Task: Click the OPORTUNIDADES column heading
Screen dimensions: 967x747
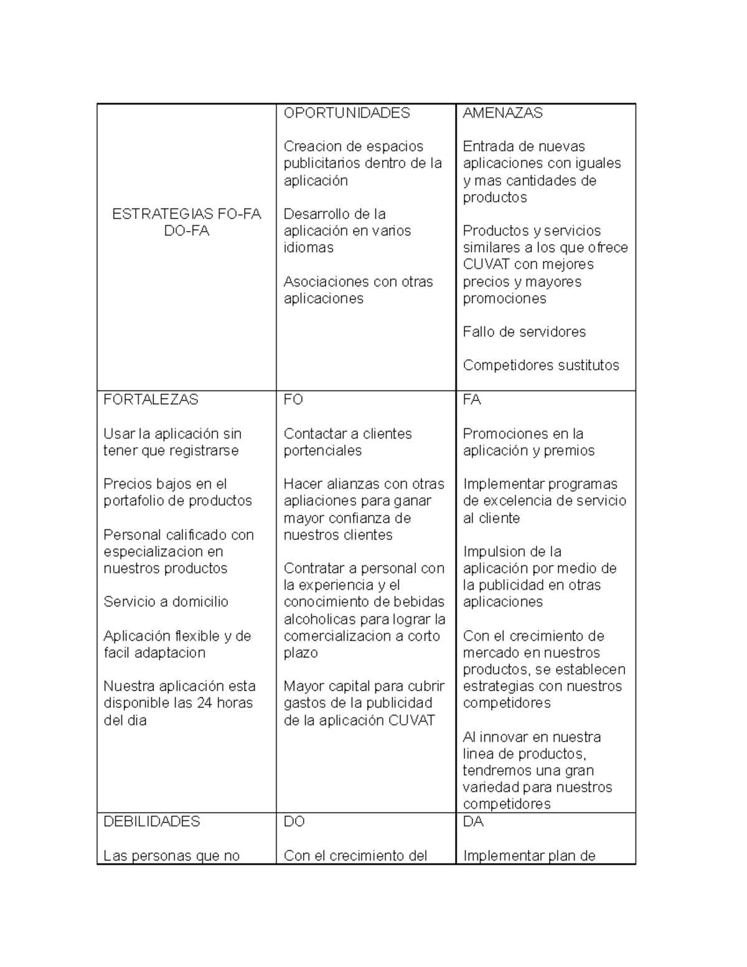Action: (347, 113)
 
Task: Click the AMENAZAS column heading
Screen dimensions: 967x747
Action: (502, 113)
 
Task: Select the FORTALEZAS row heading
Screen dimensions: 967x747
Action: (151, 400)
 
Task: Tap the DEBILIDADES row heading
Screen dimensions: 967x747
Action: (152, 821)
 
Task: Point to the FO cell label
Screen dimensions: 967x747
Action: (293, 400)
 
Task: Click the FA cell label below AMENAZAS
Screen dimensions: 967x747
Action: (472, 400)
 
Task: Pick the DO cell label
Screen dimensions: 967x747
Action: (294, 821)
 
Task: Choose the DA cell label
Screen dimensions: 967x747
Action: (473, 821)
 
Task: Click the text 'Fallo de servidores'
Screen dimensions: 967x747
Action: (524, 332)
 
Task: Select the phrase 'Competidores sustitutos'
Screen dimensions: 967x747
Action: (541, 366)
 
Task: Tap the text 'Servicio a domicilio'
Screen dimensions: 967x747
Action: (166, 601)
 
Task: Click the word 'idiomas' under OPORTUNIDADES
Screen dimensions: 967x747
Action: (308, 248)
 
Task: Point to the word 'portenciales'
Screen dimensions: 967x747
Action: (322, 451)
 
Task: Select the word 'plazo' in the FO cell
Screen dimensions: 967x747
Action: (300, 653)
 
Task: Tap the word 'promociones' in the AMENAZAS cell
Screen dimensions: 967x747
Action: (504, 299)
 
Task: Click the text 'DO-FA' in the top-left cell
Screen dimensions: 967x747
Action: (187, 231)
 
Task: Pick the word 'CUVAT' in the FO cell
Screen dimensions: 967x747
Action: (412, 720)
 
